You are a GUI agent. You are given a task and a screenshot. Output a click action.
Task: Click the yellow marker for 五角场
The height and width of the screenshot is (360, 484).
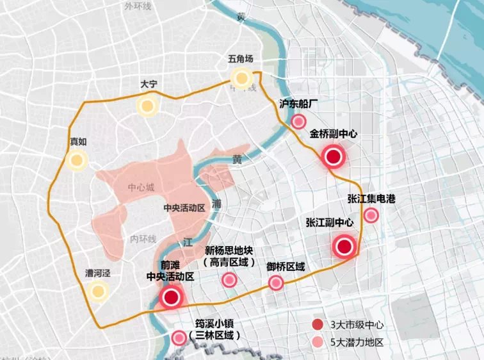pos(242,79)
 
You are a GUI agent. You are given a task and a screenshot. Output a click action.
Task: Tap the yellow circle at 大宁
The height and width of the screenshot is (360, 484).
pos(147,106)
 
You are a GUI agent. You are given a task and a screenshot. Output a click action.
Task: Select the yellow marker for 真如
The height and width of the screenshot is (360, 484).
pos(77,161)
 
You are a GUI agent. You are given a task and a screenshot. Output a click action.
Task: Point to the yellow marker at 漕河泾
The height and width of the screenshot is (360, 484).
pos(97,292)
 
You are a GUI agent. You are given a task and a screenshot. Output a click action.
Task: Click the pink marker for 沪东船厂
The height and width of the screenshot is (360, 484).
pos(298,122)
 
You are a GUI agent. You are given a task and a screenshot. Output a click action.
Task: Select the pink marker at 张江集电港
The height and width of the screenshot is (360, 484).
pos(371,215)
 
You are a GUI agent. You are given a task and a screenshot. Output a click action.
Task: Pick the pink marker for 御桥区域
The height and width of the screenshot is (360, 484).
pos(276,282)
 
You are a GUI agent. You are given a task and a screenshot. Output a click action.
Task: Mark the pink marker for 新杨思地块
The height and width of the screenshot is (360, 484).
pos(229,279)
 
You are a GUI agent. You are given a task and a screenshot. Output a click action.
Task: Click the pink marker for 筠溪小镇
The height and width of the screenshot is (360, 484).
pos(179,338)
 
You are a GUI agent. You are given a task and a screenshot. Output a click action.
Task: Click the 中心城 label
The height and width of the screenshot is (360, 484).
pos(141,188)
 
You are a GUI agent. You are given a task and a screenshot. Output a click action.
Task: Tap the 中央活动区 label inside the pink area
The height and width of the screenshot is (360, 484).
pos(184,208)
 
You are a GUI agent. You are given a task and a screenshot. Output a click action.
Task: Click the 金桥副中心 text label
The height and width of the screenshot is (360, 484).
pos(334,135)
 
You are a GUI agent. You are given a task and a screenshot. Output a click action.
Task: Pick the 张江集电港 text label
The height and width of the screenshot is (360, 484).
pos(371,199)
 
